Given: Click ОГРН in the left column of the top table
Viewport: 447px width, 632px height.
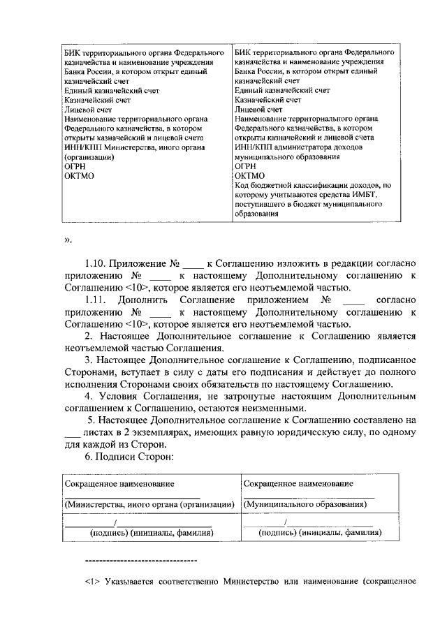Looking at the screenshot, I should (x=73, y=167).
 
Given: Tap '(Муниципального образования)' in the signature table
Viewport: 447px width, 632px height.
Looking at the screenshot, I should (x=305, y=504).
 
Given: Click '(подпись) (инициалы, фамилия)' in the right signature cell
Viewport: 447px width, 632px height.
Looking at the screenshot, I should (x=314, y=533).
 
